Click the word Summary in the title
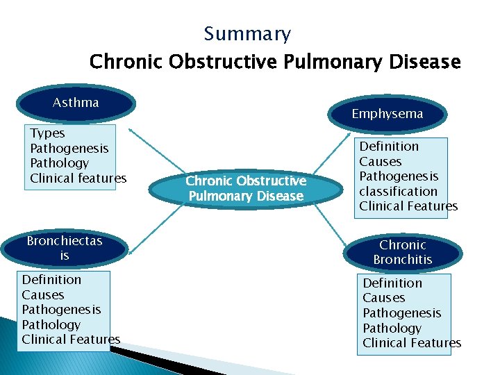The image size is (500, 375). pyautogui.click(x=247, y=34)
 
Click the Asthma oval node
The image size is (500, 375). pyautogui.click(x=76, y=103)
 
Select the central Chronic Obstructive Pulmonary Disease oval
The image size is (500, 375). pyautogui.click(x=246, y=188)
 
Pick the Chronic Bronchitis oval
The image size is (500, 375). pyautogui.click(x=402, y=252)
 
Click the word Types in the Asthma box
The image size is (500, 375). pyautogui.click(x=47, y=133)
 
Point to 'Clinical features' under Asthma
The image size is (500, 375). pyautogui.click(x=78, y=178)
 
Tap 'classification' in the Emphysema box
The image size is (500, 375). pyautogui.click(x=398, y=191)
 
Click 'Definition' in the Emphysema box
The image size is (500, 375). pyautogui.click(x=389, y=147)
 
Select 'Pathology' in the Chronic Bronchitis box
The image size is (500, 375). pyautogui.click(x=392, y=328)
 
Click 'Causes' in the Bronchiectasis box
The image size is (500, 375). pyautogui.click(x=42, y=294)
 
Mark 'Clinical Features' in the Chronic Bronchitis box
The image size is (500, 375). pyautogui.click(x=411, y=343)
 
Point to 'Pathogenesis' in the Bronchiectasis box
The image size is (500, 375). pyautogui.click(x=61, y=310)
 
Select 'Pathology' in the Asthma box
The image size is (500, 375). pyautogui.click(x=59, y=163)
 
